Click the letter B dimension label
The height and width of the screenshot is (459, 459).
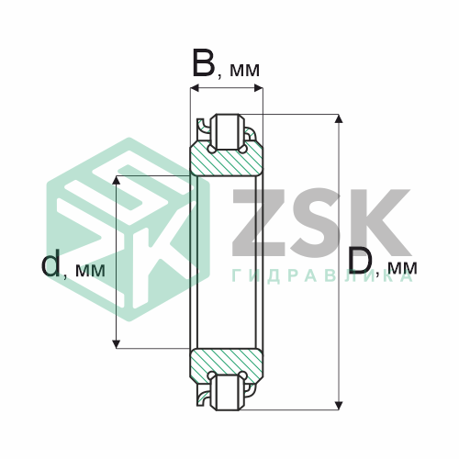(204, 62)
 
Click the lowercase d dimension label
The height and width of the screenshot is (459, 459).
(50, 263)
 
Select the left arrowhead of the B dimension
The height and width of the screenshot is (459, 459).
(195, 88)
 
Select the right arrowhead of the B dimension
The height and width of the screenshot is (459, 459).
(259, 88)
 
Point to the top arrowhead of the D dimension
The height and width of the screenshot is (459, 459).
(338, 118)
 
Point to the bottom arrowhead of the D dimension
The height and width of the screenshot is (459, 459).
(338, 405)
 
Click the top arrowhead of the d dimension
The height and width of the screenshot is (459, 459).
(116, 180)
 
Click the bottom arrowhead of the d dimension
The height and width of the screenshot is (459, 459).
(116, 344)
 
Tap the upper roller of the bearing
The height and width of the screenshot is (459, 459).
(227, 132)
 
